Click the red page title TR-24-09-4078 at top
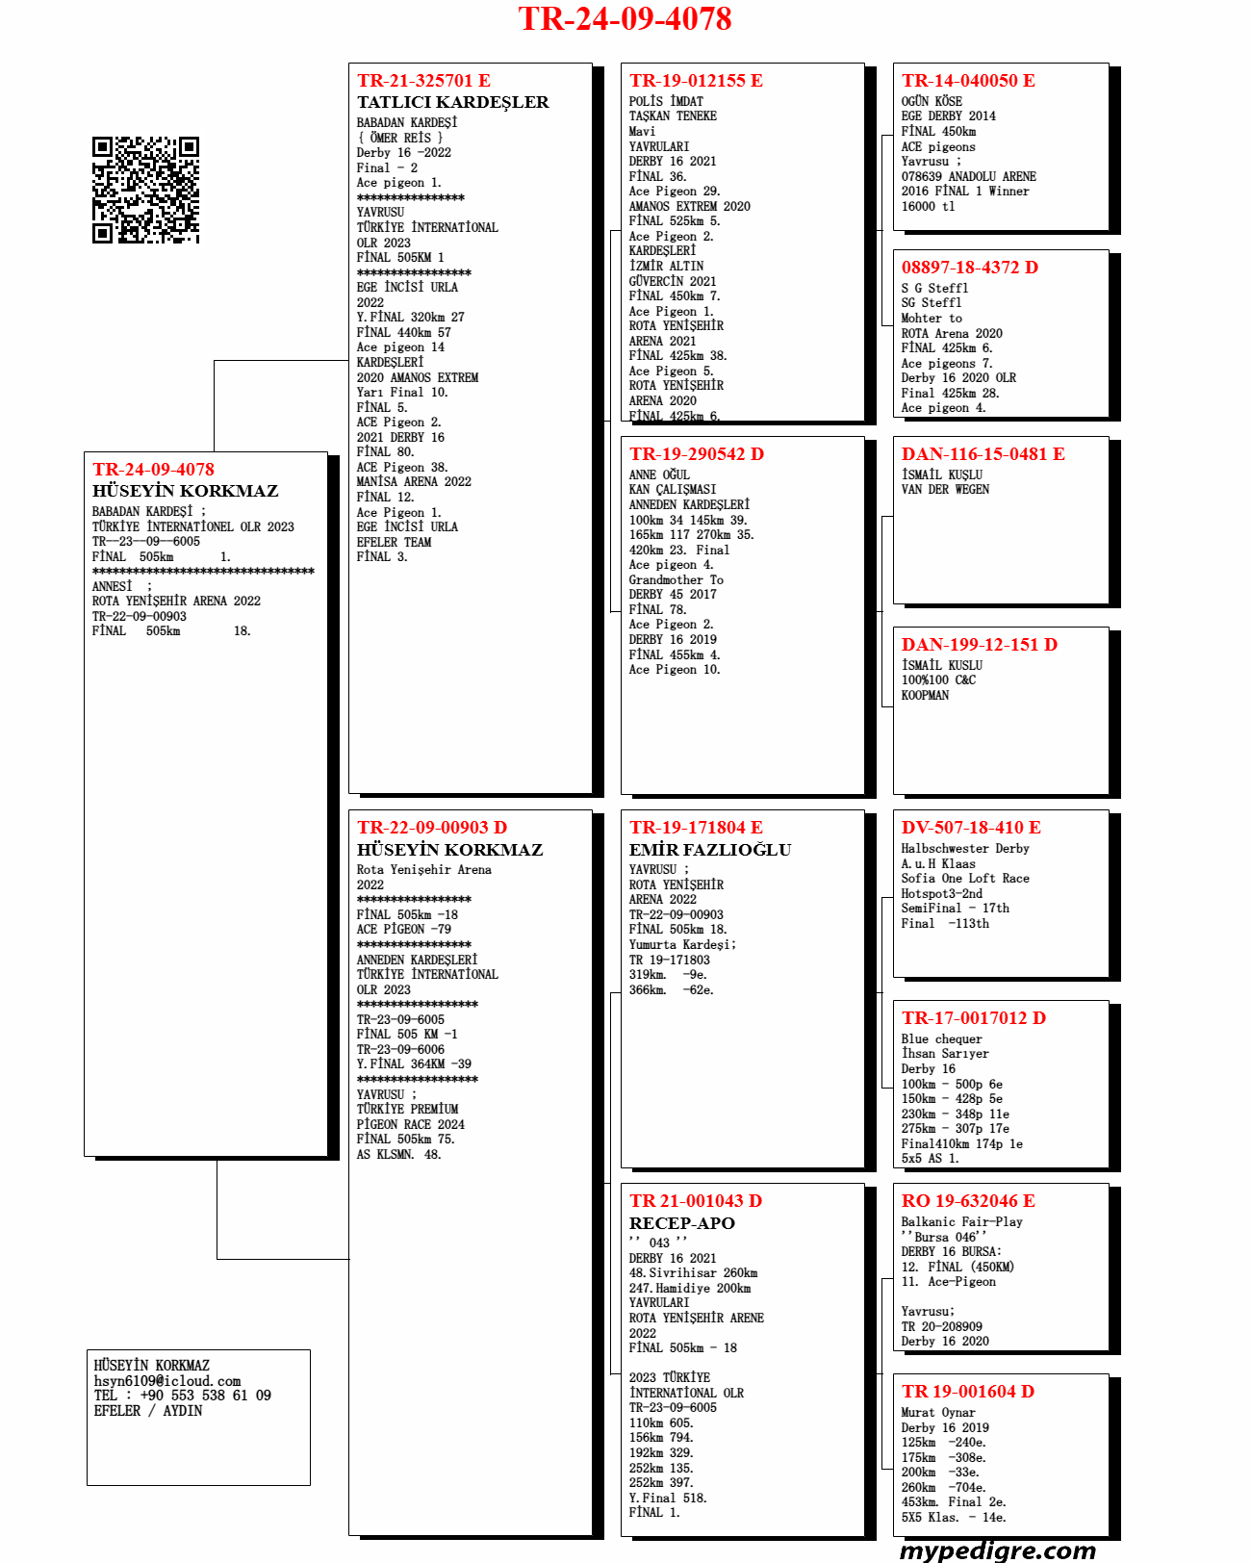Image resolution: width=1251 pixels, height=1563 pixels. [625, 19]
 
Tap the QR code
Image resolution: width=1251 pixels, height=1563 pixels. [145, 190]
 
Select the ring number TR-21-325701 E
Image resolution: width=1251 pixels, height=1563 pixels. [423, 81]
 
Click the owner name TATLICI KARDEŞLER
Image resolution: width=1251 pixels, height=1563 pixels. [452, 102]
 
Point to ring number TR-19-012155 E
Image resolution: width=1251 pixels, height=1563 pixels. [696, 81]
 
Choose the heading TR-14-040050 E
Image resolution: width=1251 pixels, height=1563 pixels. [968, 81]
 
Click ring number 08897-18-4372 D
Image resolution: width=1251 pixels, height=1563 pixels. [969, 268]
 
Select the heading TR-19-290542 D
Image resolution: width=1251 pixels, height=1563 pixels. [697, 454]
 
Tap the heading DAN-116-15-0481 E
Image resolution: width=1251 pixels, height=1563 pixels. [983, 454]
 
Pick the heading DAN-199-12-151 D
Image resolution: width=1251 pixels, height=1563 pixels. [979, 645]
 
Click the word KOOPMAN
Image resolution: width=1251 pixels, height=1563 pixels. [925, 696]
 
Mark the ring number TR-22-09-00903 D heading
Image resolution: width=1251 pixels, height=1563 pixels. [432, 828]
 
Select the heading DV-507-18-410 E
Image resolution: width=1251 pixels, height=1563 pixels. [971, 828]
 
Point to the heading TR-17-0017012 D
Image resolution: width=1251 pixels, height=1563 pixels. [973, 1018]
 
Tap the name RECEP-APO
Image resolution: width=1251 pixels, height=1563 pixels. [682, 1223]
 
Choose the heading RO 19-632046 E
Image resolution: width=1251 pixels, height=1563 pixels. [968, 1201]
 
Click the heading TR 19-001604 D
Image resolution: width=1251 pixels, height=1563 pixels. [967, 1392]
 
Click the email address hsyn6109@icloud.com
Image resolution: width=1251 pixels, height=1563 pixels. [167, 1381]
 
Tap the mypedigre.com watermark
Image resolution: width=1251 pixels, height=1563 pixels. [997, 1550]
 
